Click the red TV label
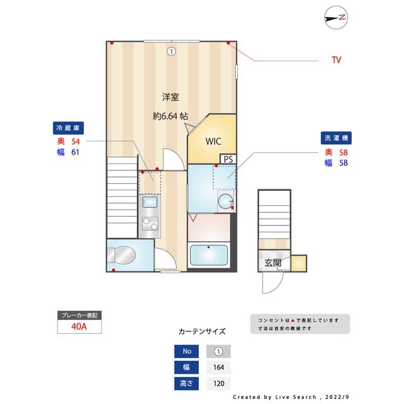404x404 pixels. coord(336,61)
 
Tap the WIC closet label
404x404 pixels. coord(212,141)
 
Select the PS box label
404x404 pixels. coord(227,159)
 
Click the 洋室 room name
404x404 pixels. coord(170,97)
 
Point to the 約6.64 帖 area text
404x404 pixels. coord(170,116)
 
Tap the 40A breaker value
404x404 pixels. coord(79,327)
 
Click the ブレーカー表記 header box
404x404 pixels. coord(79,314)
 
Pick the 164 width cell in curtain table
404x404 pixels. coord(218,367)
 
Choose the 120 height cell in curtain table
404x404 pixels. coord(218,383)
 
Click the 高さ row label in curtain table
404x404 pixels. coord(187,383)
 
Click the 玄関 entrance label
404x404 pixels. coord(273,263)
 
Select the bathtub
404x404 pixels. coord(208,256)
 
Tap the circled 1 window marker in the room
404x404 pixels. coord(170,51)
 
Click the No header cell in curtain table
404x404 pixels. coord(187,352)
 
